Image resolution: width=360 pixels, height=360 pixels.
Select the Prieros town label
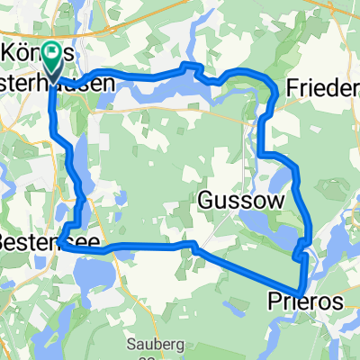(x=305, y=303)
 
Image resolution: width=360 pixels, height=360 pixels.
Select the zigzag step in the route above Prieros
(x=301, y=256)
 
